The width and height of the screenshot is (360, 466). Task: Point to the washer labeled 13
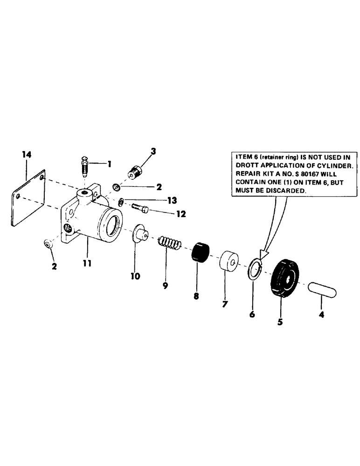point(121,202)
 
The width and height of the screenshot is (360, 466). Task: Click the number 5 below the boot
point(280,322)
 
